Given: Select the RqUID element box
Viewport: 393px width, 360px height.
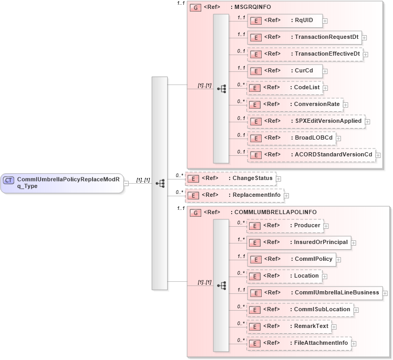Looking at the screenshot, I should (x=284, y=20).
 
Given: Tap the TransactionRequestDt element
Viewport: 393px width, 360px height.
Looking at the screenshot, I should (x=304, y=37).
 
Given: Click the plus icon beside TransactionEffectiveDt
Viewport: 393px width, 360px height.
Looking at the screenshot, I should (x=366, y=54).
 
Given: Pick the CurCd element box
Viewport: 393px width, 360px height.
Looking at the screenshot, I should (x=284, y=71).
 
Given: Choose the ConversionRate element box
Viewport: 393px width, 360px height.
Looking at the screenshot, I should (x=295, y=104).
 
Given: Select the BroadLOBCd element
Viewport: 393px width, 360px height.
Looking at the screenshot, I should (x=292, y=138).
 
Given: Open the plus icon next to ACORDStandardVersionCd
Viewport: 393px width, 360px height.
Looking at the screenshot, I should (x=378, y=155).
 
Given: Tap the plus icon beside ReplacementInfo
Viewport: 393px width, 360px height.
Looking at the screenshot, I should (x=286, y=196).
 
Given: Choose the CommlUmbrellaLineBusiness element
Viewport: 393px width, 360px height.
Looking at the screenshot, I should (x=315, y=293).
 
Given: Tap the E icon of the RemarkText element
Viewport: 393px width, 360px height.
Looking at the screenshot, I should (x=255, y=326).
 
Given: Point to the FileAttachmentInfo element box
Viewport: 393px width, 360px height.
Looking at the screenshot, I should (x=299, y=343).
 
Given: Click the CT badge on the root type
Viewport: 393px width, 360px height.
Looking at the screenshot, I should (x=8, y=180).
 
